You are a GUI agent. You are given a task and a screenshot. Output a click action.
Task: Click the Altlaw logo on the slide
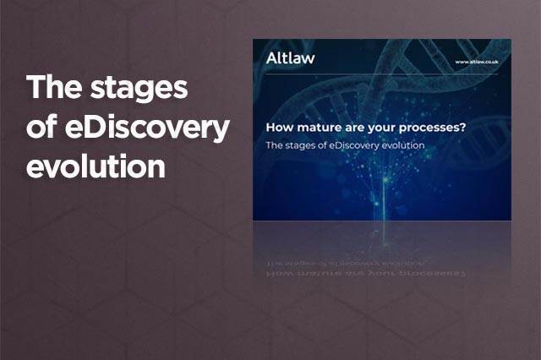click(290, 58)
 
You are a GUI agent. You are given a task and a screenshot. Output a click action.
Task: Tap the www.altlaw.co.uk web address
click(477, 62)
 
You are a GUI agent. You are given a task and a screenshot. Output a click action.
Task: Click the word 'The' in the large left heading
click(54, 87)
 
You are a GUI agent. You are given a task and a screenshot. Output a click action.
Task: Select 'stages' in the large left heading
click(139, 90)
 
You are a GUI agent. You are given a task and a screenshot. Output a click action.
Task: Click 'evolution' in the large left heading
click(96, 166)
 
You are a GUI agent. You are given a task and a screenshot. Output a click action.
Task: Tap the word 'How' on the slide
click(280, 128)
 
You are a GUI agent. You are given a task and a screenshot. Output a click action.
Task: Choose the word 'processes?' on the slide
click(433, 128)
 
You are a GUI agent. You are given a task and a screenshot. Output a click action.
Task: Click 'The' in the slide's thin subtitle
click(274, 145)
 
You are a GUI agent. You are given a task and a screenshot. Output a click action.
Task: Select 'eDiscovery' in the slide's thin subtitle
click(354, 146)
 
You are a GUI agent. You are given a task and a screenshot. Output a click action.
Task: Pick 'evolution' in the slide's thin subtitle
click(403, 145)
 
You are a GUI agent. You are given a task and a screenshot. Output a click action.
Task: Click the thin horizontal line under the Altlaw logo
click(382, 74)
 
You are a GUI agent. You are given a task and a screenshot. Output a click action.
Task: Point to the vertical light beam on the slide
click(385, 200)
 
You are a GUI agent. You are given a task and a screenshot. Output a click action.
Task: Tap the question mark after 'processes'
click(463, 128)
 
